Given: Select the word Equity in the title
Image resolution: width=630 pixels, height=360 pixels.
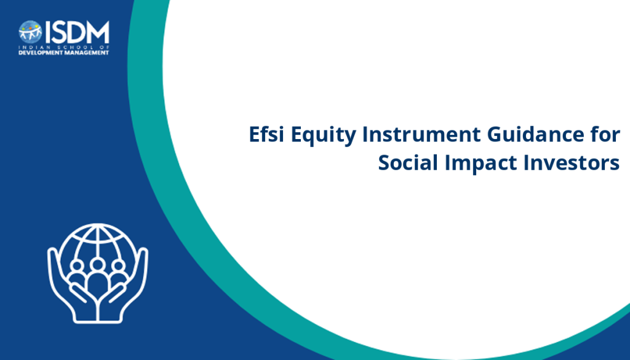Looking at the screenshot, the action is (323, 135).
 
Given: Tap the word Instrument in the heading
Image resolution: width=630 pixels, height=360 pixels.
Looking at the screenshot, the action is (421, 134).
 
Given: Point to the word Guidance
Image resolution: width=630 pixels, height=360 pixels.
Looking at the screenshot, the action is (536, 134).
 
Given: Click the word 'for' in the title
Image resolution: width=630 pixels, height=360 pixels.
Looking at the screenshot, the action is (605, 134).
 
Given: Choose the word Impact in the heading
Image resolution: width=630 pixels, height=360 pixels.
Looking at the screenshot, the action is (480, 164).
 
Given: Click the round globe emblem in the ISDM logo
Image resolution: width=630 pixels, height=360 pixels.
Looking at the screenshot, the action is (30, 32).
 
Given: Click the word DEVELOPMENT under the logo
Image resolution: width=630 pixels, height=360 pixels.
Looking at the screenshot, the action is (41, 53).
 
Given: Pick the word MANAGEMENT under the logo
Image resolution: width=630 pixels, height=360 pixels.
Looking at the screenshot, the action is (87, 53).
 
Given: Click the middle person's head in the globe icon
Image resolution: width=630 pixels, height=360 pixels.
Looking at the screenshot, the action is (97, 265).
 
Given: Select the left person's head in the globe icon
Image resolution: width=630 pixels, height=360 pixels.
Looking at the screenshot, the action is (77, 266).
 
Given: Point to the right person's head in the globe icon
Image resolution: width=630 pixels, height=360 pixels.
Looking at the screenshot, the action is (118, 266).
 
